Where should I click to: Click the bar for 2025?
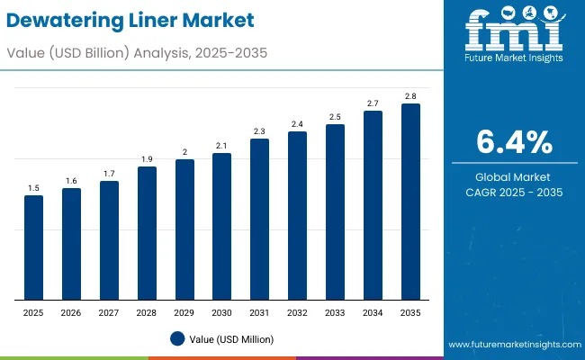[33, 247]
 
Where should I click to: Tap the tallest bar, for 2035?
[410, 202]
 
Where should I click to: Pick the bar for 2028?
[147, 233]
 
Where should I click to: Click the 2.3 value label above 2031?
[259, 131]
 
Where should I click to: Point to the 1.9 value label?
[147, 159]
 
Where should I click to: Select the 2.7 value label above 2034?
[373, 103]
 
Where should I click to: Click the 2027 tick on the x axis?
[109, 311]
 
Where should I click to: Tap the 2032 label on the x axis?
[297, 311]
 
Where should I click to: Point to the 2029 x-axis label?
[184, 311]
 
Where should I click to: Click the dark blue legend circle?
[177, 338]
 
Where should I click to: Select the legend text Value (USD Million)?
[233, 339]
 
